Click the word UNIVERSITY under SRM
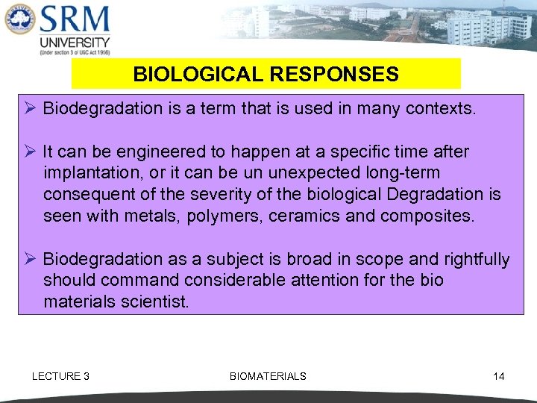(75, 43)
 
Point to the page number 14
(498, 376)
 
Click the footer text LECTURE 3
(60, 376)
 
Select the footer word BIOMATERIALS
(268, 376)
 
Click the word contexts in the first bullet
(439, 108)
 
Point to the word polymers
(213, 216)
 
